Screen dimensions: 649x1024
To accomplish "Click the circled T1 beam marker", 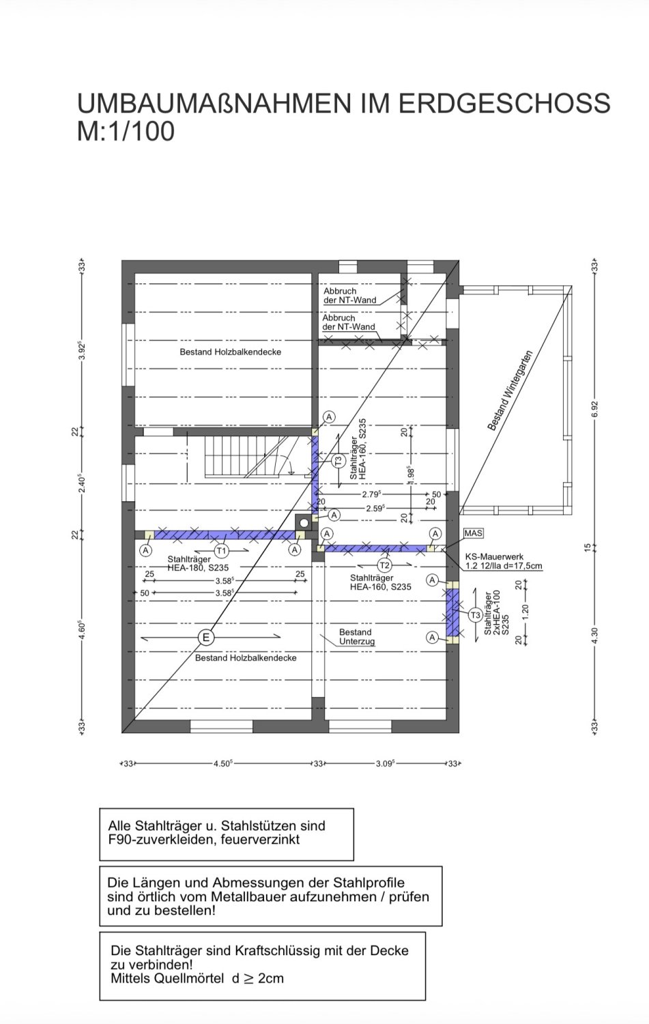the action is point(221,551).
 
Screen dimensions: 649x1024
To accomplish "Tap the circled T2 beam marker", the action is point(384,565).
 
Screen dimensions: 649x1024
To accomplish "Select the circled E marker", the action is point(206,637).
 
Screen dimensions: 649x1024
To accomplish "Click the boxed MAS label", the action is point(473,533).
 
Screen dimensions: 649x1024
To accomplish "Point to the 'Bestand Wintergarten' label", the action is point(510,391).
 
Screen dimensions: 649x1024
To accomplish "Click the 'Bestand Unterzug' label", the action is point(356,636).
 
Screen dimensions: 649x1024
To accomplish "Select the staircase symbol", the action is point(250,457).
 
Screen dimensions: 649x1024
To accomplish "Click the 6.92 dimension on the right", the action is point(594,409).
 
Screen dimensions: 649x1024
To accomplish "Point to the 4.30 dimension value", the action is point(594,636).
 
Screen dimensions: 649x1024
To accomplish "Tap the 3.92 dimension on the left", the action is point(83,351).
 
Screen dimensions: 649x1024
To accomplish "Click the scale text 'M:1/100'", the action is point(126,131).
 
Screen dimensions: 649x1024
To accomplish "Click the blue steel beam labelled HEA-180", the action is point(225,535).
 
